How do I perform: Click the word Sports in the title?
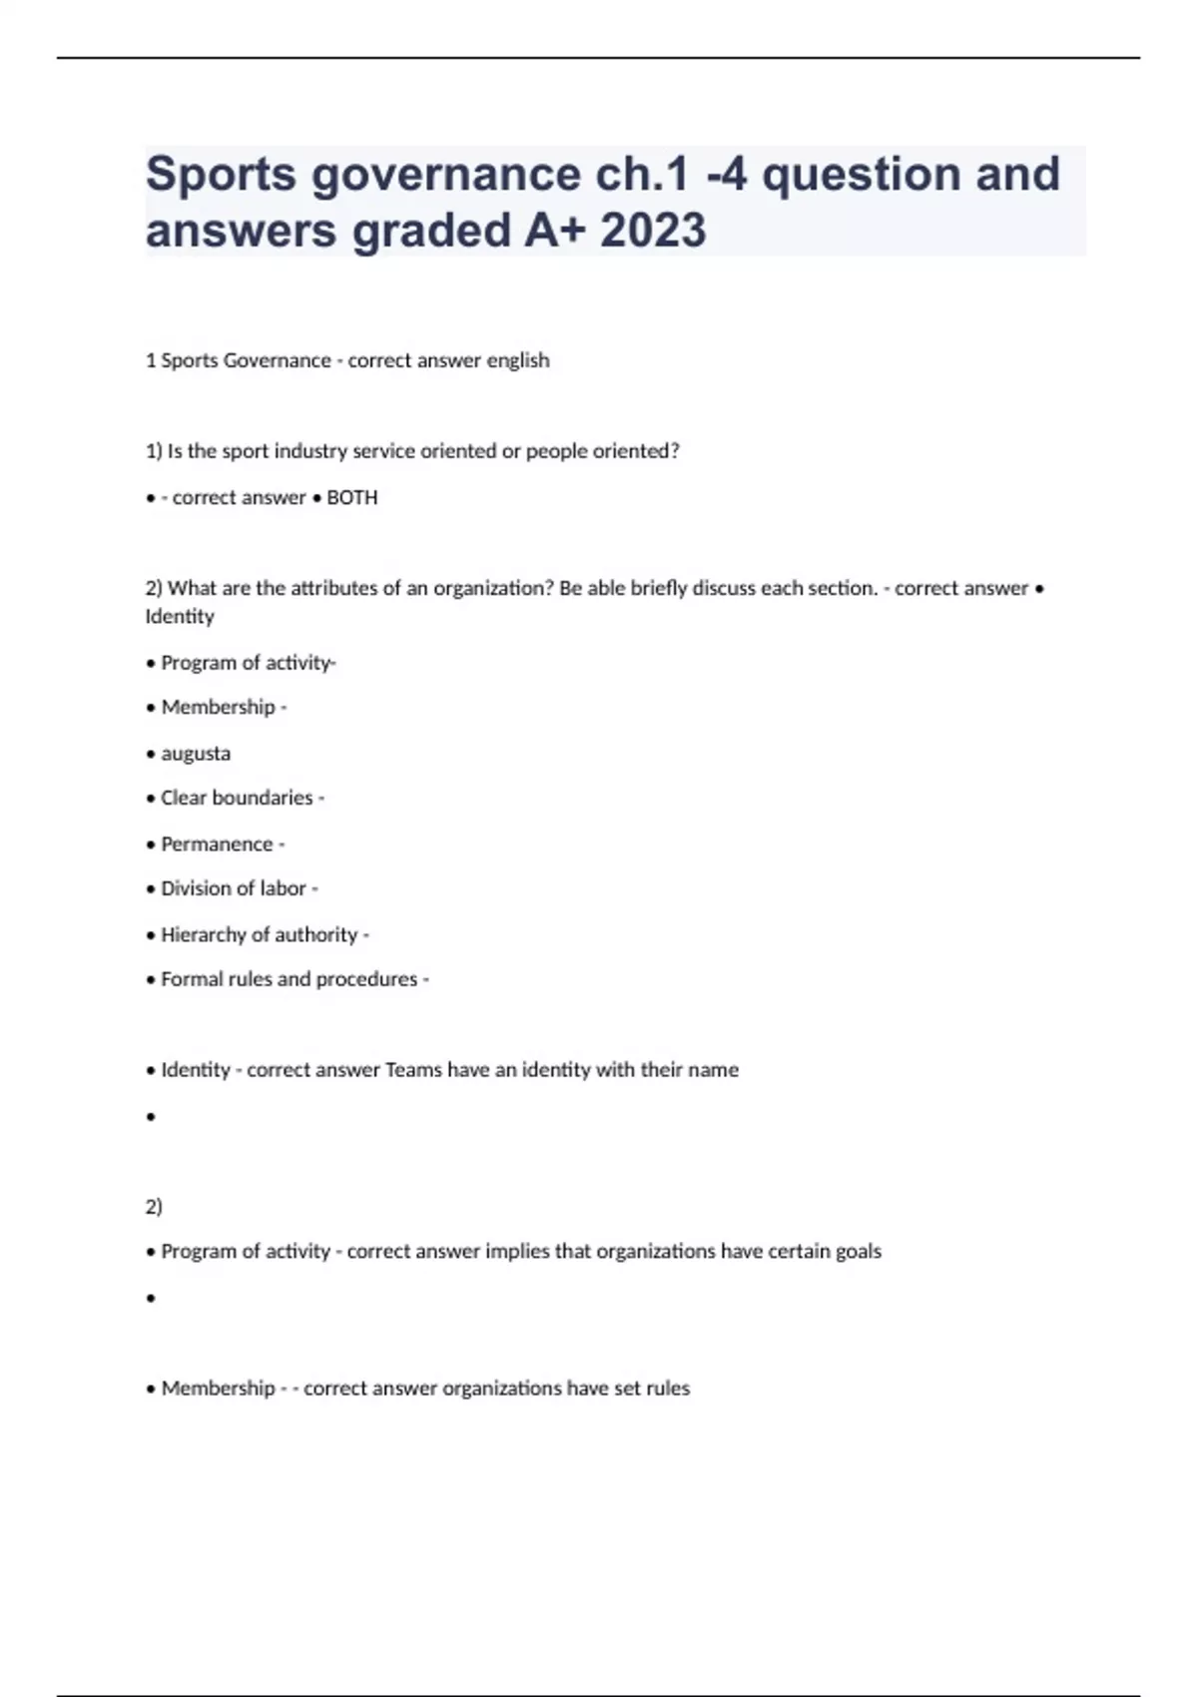tap(221, 175)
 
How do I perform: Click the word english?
tap(517, 360)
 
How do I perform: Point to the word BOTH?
tap(351, 497)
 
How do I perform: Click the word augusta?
tap(196, 754)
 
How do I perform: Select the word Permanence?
tap(217, 845)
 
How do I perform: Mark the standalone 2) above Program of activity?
tap(154, 1207)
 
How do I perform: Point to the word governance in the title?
tap(446, 175)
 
